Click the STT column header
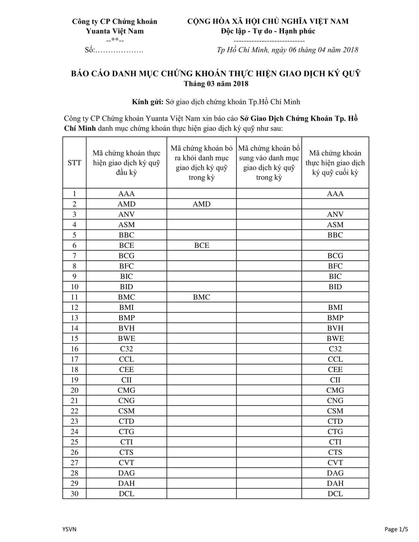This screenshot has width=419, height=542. pos(74,162)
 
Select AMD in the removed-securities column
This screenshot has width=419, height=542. pos(201,204)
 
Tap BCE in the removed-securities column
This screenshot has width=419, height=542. pos(201,245)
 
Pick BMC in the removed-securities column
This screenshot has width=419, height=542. pos(201,297)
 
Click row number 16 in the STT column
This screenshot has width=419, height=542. pos(74,349)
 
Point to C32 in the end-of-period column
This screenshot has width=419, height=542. pos(335,349)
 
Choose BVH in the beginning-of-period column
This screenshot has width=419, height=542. pos(127,328)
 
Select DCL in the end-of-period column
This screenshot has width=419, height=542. pos(335,494)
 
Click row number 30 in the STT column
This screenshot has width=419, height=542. pos(74,494)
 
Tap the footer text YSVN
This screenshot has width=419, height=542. pos(69,529)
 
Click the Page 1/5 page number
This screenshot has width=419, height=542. pos(396,529)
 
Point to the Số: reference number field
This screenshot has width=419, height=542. pos(114,50)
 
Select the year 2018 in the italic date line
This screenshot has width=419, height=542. pos(350,50)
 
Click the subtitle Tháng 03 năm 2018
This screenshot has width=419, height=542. pos(216,84)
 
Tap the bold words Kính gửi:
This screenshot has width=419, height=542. pos(148,102)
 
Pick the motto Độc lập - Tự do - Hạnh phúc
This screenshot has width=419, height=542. pos(268,31)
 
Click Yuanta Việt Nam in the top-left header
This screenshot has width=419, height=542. pos(115,31)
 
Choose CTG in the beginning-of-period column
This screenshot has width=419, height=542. pos(127,432)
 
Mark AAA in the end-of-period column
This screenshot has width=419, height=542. pos(335,194)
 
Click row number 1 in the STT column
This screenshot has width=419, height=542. pos(74,194)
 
